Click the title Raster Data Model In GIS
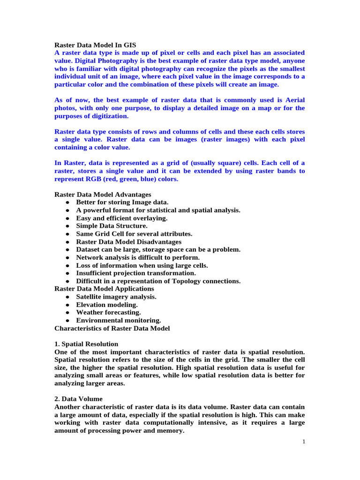95,45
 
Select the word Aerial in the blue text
294,100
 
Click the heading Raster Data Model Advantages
103,194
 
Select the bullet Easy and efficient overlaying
122,218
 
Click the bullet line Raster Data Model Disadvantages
129,242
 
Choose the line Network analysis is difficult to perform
138,257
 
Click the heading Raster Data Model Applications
104,289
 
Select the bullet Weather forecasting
108,312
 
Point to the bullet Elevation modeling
107,305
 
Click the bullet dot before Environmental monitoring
68,321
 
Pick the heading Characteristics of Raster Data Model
112,328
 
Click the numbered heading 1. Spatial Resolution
86,344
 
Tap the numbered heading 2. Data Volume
78,399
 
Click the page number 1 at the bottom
304,442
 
